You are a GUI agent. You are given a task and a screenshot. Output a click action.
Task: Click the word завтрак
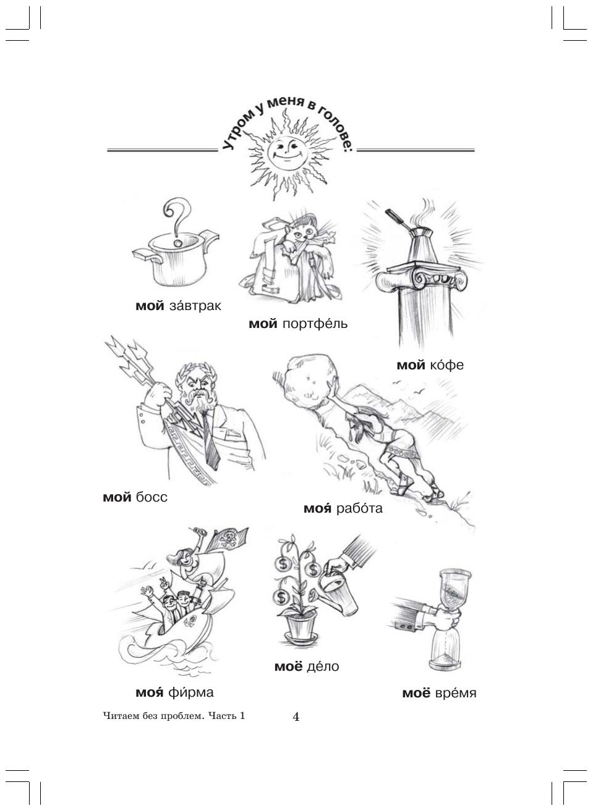coord(195,306)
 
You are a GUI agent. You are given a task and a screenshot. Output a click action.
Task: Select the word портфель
coord(315,323)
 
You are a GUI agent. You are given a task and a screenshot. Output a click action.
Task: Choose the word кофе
coord(446,364)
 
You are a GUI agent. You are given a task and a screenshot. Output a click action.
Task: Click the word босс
coord(151,497)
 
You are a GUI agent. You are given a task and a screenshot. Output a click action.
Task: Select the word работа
coord(359,508)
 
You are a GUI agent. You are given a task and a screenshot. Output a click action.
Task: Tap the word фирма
coord(191,692)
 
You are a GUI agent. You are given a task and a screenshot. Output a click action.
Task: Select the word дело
coord(323,666)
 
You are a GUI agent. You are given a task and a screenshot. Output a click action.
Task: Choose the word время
coord(455,693)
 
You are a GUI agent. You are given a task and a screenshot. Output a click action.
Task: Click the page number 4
coord(296,717)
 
